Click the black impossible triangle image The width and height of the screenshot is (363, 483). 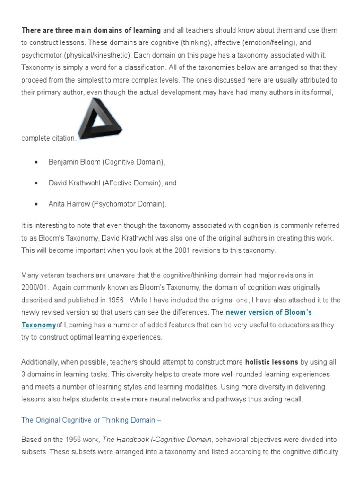click(100, 122)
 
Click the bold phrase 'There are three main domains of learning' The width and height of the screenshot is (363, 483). click(91, 30)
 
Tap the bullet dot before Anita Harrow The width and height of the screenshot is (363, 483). click(36, 204)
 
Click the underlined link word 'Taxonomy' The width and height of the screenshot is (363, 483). click(39, 325)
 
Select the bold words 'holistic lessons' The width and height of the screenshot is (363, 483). click(271, 362)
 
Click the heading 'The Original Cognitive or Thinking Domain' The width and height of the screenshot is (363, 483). click(88, 420)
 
